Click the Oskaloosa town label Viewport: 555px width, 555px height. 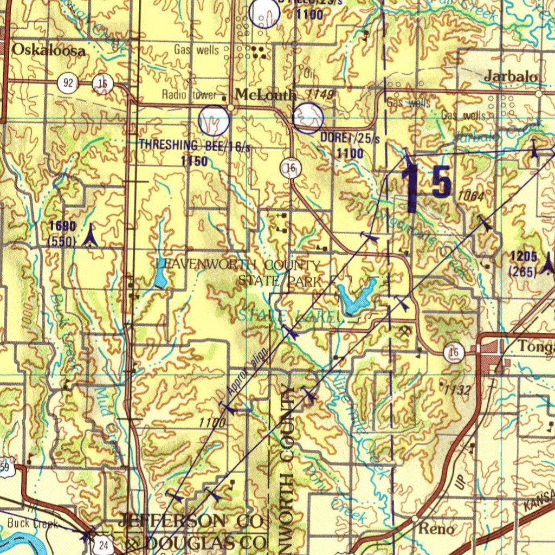(x=49, y=51)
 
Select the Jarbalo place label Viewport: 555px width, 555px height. (x=511, y=76)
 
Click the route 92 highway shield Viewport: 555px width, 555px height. (x=68, y=83)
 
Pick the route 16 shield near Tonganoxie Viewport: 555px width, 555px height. (x=454, y=353)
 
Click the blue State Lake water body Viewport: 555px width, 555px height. (x=355, y=297)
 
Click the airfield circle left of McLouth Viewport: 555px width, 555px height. (x=214, y=120)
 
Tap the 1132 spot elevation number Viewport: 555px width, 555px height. (x=457, y=389)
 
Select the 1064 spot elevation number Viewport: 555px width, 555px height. (x=470, y=196)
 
